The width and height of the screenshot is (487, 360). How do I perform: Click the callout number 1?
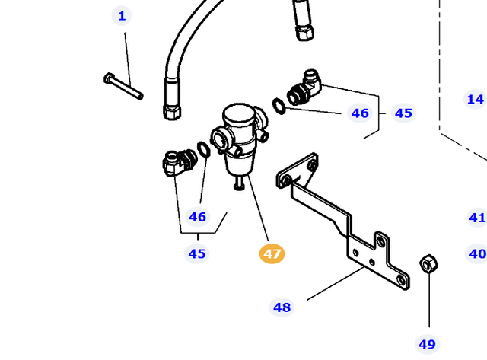pyautogui.click(x=122, y=15)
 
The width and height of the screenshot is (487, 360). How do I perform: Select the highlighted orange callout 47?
pyautogui.click(x=272, y=253)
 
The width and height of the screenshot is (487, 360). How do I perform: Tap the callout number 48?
pyautogui.click(x=282, y=307)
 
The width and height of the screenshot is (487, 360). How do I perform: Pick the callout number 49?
pyautogui.click(x=428, y=344)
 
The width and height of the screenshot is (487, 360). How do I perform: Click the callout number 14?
pyautogui.click(x=476, y=99)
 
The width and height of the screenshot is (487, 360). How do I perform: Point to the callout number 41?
pyautogui.click(x=477, y=218)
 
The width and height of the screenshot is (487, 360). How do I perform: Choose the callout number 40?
pyautogui.click(x=477, y=253)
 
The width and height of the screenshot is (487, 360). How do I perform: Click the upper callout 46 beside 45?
pyautogui.click(x=359, y=113)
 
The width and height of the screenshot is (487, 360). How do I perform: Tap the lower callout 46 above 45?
pyautogui.click(x=197, y=217)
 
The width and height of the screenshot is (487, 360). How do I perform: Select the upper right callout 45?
pyautogui.click(x=403, y=113)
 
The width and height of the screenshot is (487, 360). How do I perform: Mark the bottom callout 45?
pyautogui.click(x=197, y=253)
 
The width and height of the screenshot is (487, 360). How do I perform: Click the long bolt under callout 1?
pyautogui.click(x=123, y=86)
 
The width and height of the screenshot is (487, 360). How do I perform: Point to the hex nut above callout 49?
pyautogui.click(x=428, y=265)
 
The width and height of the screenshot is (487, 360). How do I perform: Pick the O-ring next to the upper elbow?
pyautogui.click(x=279, y=105)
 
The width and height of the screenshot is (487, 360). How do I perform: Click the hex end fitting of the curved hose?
pyautogui.click(x=172, y=110)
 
